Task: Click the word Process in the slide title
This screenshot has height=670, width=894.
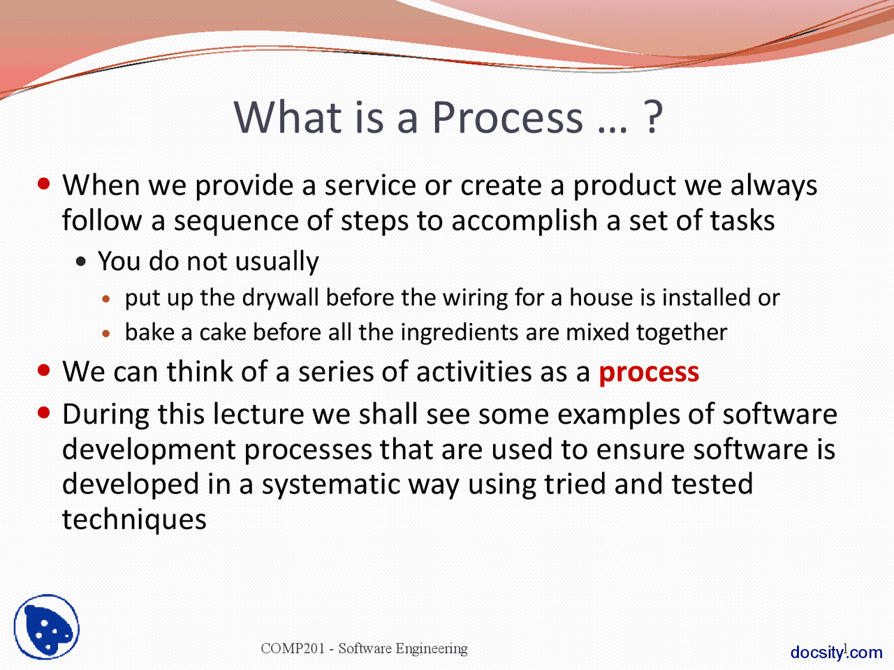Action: [508, 117]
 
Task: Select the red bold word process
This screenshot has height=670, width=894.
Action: [649, 373]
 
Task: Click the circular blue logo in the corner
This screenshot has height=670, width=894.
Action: [47, 627]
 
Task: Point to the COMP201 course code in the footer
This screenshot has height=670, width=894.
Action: [293, 648]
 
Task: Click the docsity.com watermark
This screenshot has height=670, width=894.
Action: [836, 652]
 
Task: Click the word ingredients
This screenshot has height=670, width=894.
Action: [460, 333]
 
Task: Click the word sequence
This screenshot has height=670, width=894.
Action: [236, 222]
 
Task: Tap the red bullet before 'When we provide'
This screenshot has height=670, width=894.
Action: [43, 184]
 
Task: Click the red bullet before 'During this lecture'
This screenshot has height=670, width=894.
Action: [43, 413]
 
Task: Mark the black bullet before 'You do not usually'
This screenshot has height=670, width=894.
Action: [81, 262]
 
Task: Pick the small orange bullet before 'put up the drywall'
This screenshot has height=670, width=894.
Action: [106, 299]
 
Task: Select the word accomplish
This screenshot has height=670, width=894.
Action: [525, 222]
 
